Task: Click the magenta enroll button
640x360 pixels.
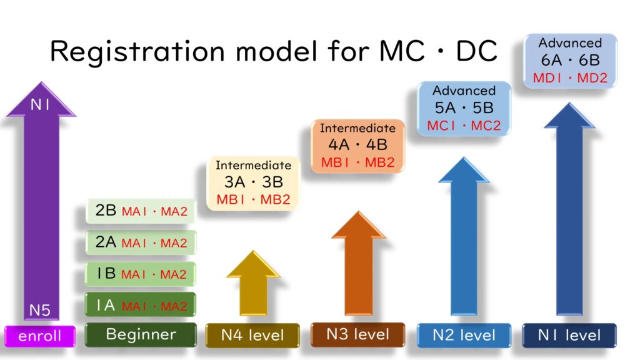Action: pyautogui.click(x=40, y=336)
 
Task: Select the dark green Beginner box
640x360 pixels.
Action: pyautogui.click(x=141, y=335)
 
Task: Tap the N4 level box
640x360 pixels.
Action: pyautogui.click(x=252, y=336)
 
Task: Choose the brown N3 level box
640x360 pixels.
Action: pyautogui.click(x=357, y=335)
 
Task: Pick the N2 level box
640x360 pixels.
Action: pyautogui.click(x=464, y=336)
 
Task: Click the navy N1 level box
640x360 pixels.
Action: pyautogui.click(x=569, y=336)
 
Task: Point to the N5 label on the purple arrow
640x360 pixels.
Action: pyautogui.click(x=39, y=311)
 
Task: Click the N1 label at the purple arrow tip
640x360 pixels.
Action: pyautogui.click(x=40, y=105)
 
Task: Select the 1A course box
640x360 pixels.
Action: pyautogui.click(x=141, y=304)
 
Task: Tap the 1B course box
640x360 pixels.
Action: pyautogui.click(x=141, y=274)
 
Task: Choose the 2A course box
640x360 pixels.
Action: pyautogui.click(x=141, y=242)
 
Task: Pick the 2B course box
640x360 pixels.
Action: pyautogui.click(x=141, y=211)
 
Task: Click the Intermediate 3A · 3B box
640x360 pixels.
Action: pyautogui.click(x=253, y=183)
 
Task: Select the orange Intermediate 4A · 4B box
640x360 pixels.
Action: pyautogui.click(x=357, y=146)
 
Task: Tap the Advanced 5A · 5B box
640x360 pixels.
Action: pyautogui.click(x=464, y=108)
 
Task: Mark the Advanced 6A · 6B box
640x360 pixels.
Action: pyautogui.click(x=570, y=61)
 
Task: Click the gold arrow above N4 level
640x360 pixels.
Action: pyautogui.click(x=254, y=283)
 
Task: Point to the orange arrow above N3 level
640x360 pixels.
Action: pyautogui.click(x=358, y=263)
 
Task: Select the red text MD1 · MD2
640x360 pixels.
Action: pyautogui.click(x=570, y=77)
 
